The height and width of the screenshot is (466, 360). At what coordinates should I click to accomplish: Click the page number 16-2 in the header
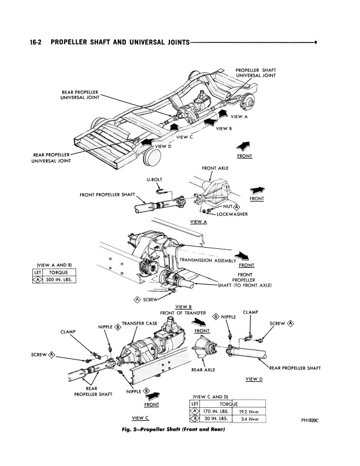[36, 42]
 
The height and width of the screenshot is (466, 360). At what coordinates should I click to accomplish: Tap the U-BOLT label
[155, 180]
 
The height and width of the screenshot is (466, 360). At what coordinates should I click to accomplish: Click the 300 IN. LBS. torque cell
[59, 279]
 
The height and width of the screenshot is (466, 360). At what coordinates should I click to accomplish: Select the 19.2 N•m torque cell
[249, 412]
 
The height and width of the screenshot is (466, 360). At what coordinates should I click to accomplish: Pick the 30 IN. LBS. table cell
[216, 418]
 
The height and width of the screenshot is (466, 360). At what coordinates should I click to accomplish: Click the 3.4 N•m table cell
[249, 419]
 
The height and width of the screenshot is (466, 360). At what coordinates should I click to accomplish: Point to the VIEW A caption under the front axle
[198, 222]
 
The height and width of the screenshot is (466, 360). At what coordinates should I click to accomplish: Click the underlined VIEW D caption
[254, 379]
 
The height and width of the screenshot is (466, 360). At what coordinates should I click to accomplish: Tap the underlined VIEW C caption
[140, 418]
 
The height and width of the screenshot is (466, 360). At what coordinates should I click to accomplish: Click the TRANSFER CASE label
[139, 324]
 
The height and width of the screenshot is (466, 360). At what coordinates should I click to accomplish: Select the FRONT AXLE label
[215, 168]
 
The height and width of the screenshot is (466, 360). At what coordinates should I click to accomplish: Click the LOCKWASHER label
[232, 214]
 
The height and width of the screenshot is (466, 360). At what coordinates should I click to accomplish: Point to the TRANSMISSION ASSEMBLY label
[208, 260]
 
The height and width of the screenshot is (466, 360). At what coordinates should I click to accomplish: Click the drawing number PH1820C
[310, 420]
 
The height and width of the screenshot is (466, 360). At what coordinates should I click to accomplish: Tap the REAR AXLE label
[203, 370]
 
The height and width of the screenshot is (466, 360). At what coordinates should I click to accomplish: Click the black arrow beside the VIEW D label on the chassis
[148, 142]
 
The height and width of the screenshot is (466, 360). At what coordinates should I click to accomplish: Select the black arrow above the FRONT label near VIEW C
[153, 396]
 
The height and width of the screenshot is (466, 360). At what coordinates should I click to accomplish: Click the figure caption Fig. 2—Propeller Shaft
[174, 429]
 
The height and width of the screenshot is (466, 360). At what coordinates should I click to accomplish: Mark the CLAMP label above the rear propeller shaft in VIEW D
[251, 312]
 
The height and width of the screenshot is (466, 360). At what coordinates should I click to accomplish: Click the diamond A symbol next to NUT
[236, 207]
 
